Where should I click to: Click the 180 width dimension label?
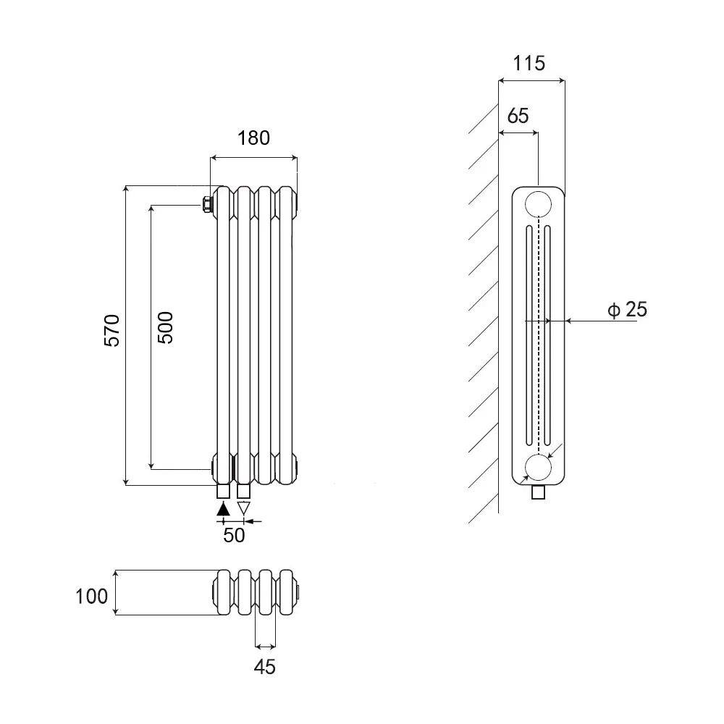click(x=253, y=138)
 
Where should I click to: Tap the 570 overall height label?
click(x=112, y=331)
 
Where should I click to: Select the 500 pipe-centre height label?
click(x=165, y=327)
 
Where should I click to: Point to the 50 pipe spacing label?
click(x=234, y=535)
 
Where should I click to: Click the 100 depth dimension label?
click(x=92, y=596)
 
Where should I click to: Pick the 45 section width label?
click(x=266, y=666)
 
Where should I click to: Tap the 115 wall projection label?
click(x=529, y=63)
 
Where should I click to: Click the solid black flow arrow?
click(x=224, y=508)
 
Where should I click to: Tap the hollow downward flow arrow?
click(x=244, y=508)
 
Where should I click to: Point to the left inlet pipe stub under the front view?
click(x=224, y=492)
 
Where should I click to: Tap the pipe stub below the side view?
click(x=538, y=493)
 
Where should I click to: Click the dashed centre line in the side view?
click(x=538, y=333)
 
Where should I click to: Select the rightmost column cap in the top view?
click(x=287, y=594)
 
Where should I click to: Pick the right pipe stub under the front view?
click(x=244, y=492)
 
